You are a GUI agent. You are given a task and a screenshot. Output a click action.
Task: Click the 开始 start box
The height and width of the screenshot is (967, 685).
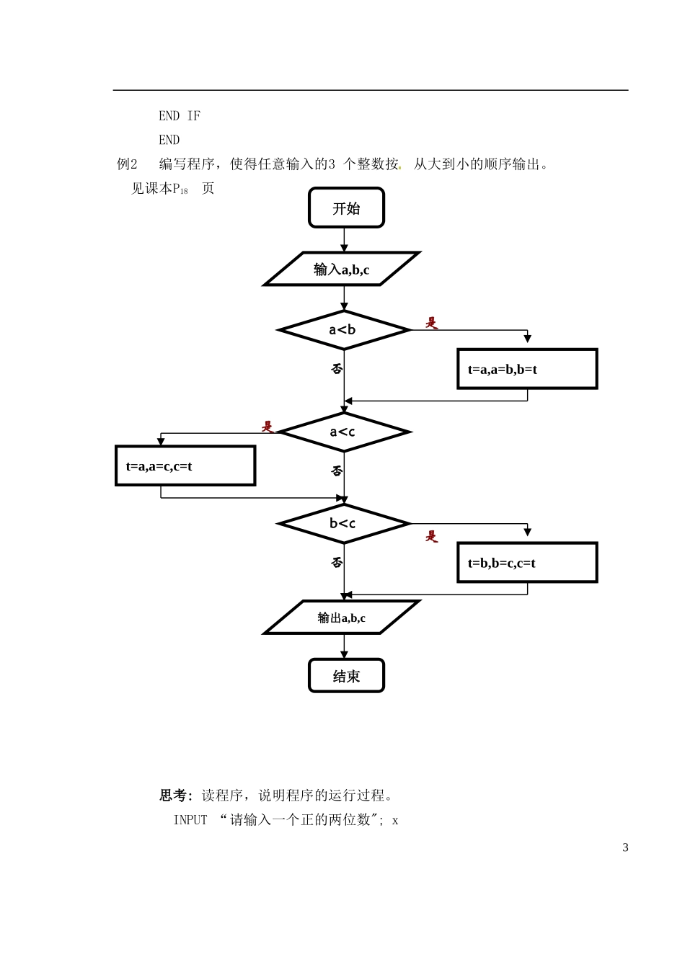346,208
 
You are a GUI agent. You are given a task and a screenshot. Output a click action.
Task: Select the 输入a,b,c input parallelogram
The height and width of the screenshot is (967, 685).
342,269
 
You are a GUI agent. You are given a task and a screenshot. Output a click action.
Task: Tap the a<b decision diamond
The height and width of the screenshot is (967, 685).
344,330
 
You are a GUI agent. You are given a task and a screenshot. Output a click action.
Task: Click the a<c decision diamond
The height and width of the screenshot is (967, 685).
344,432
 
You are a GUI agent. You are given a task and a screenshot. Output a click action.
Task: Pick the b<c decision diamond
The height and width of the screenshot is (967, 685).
344,523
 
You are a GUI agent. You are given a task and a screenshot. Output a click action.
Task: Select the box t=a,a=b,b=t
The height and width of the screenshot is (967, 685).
527,369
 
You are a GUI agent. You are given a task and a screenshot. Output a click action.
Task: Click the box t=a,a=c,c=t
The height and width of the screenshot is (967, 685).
185,465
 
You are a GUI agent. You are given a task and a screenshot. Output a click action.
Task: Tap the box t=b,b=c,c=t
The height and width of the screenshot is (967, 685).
527,562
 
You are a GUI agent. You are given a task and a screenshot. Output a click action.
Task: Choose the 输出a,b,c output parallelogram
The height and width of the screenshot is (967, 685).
342,618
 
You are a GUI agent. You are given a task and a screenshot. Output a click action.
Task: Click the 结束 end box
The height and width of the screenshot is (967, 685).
346,676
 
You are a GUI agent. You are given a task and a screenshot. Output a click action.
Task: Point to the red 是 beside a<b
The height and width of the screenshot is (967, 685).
431,323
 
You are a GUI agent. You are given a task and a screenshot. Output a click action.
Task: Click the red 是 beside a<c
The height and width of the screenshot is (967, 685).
268,427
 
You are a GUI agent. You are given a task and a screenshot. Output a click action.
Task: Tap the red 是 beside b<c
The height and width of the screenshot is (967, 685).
431,537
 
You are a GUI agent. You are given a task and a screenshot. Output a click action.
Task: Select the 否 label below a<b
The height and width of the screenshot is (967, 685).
337,369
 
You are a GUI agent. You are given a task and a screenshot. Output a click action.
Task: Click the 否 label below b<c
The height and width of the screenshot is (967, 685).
337,563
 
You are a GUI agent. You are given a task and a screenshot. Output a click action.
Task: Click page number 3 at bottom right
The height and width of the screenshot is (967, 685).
625,847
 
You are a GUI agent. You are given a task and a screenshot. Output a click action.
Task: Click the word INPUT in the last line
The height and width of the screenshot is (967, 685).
190,820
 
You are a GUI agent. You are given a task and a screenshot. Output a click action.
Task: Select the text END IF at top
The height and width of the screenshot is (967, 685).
180,115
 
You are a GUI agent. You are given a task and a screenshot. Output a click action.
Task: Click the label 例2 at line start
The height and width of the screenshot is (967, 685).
127,164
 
